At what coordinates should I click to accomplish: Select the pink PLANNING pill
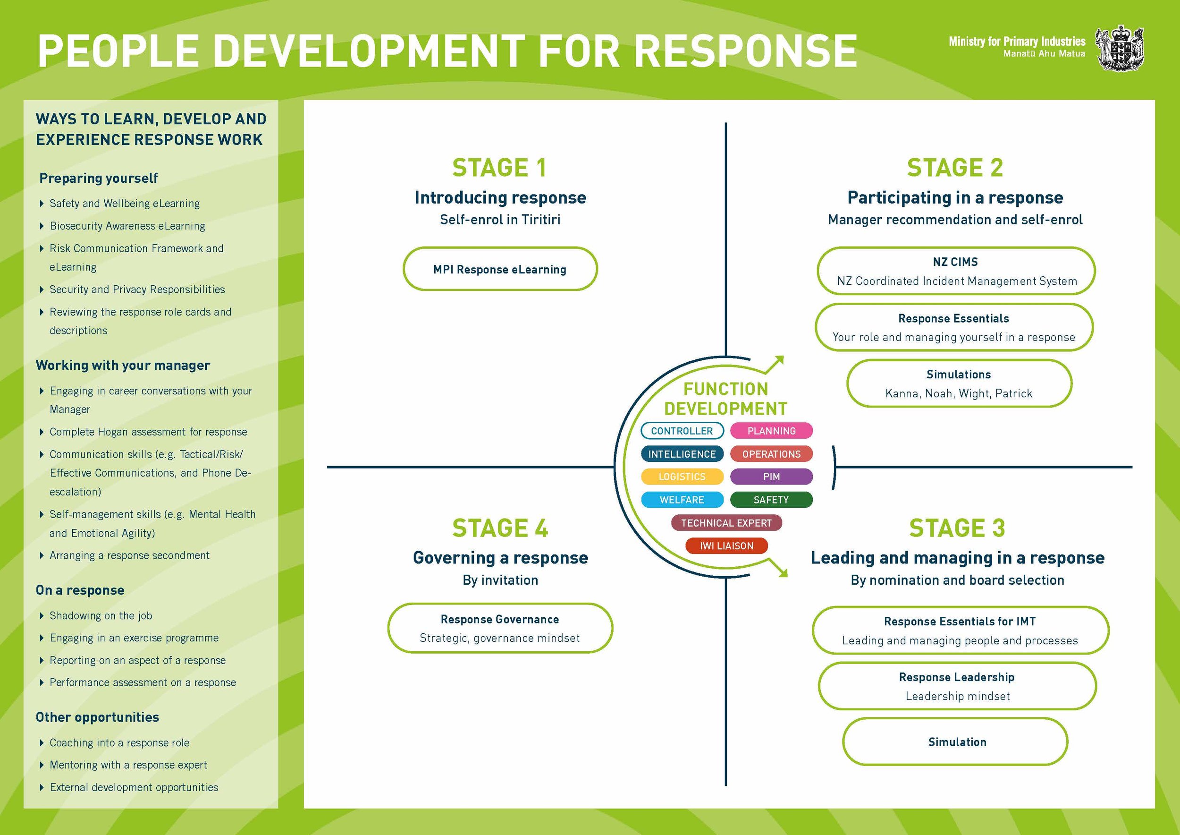pos(771,431)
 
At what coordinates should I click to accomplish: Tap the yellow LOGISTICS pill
pos(682,477)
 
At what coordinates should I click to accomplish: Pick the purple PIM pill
pos(771,477)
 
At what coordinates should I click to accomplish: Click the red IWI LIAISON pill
pos(726,546)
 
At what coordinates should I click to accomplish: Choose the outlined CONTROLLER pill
pos(682,431)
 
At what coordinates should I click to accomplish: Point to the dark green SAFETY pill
pos(771,500)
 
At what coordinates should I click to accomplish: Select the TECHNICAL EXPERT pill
pos(726,523)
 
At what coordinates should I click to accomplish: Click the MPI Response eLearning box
pos(499,269)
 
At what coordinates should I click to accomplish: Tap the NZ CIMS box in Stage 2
pos(955,271)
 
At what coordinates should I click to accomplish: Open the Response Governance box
pos(499,628)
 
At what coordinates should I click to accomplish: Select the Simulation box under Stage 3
pos(956,742)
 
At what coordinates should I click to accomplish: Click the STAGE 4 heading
pos(499,528)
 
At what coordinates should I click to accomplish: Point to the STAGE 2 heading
pos(954,168)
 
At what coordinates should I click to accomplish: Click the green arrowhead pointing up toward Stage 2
pos(779,360)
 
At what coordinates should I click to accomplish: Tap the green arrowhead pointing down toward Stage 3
pos(782,572)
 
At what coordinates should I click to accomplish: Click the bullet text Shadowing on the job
pos(101,615)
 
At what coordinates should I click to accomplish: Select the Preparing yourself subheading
pos(98,178)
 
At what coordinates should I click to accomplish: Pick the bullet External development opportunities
pos(134,787)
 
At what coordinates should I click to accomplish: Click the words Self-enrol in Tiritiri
pos(499,220)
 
